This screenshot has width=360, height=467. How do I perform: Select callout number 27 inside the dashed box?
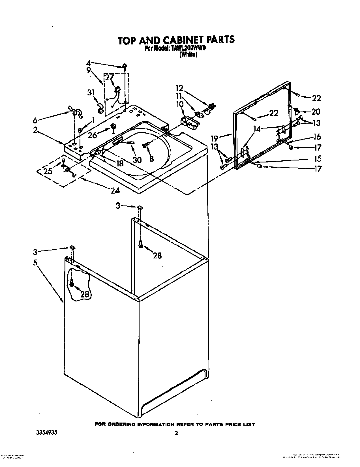click(x=109, y=77)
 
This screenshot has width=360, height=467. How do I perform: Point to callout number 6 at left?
click(x=35, y=120)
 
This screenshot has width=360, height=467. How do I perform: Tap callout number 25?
click(x=48, y=171)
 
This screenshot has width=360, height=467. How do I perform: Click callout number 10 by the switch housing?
click(x=180, y=105)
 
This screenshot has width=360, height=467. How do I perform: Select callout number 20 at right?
click(x=316, y=112)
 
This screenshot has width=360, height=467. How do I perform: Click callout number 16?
click(x=317, y=137)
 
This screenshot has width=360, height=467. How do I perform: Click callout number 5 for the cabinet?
click(x=35, y=262)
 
